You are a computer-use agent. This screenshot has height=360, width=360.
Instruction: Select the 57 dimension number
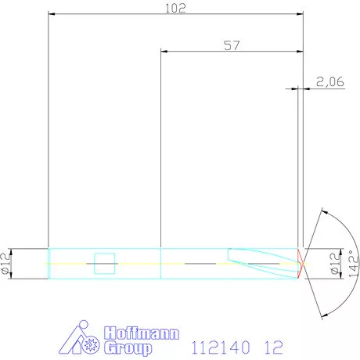pyautogui.click(x=231, y=45)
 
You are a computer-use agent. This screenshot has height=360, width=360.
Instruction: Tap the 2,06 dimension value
pyautogui.click(x=329, y=81)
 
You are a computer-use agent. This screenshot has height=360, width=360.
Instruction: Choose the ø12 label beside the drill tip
pyautogui.click(x=336, y=264)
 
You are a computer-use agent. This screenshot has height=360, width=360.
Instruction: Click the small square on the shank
pyautogui.click(x=104, y=264)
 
